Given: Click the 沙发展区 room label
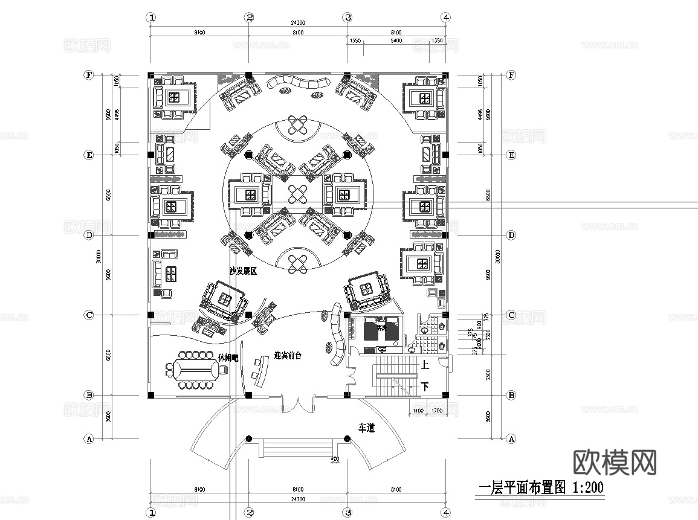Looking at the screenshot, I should click(x=243, y=272).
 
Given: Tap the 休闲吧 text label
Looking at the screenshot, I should click(x=228, y=358).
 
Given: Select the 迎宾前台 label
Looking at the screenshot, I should click(x=288, y=356).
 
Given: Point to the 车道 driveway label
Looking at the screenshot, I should click(x=367, y=428).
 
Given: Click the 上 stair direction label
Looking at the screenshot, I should click(x=425, y=365).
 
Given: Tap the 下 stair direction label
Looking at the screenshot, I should click(x=425, y=387).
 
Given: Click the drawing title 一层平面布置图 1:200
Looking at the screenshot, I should click(x=540, y=487).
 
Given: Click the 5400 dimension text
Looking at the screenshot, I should click(x=396, y=40).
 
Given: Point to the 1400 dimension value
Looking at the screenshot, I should click(x=418, y=411).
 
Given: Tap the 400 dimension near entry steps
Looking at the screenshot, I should click(x=335, y=460).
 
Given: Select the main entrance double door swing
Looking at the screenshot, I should click(x=297, y=405).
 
